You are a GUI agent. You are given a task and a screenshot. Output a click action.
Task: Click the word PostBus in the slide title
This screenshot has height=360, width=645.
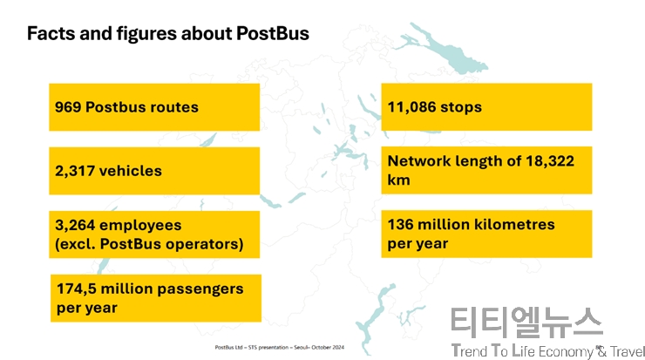273,33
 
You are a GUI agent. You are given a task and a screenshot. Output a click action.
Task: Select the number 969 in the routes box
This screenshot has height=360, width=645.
68,107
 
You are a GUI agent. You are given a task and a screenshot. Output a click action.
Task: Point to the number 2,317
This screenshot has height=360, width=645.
75,171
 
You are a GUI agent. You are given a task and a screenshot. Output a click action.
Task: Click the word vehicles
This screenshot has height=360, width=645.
131,171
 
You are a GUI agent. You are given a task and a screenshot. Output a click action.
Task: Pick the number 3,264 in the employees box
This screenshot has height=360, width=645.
75,226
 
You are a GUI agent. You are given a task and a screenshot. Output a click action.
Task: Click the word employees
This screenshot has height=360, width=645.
140,226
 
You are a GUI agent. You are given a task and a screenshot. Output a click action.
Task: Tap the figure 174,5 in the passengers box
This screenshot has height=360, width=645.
77,289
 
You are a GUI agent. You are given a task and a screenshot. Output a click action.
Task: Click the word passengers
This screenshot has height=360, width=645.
200,289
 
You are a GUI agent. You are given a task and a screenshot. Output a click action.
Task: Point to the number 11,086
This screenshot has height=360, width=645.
411,107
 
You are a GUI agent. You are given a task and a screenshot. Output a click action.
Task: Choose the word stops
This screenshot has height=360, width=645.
461,107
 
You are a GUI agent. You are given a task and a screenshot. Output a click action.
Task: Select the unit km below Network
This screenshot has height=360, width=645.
398,180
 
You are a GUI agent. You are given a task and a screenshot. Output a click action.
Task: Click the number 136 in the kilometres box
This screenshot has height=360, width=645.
400,225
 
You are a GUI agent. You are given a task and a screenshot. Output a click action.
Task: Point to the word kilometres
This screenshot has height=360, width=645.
514,225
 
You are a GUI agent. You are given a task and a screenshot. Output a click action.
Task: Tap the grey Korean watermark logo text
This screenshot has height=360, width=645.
527,323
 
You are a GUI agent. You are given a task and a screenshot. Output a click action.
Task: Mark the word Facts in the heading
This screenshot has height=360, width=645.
51,33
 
